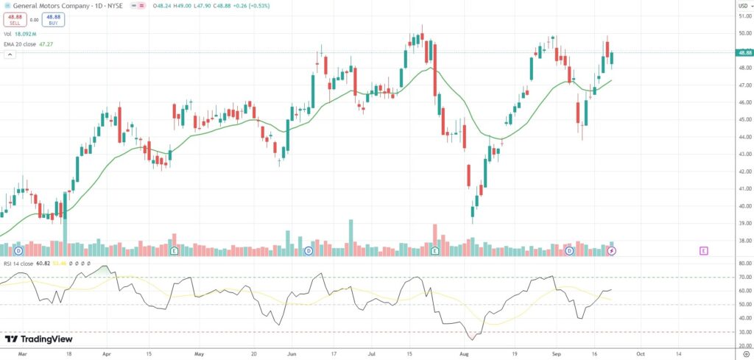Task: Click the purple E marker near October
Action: [x=704, y=251]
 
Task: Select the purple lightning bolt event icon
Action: [x=612, y=251]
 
